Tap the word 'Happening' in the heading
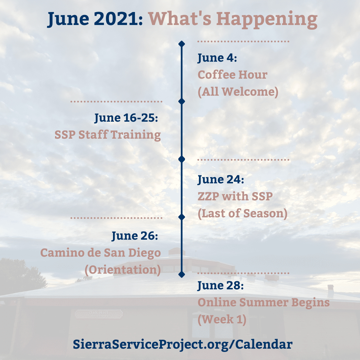point(266,19)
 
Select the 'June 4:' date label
point(217,58)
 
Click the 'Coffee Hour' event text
point(232,75)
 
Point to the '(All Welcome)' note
point(238,91)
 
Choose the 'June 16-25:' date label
point(126,118)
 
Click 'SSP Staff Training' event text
point(108,135)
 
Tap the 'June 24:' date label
point(221,180)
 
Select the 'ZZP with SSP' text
point(235,197)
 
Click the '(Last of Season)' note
point(242,213)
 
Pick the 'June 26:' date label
point(134,236)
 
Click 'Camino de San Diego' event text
point(100,253)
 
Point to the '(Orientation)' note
point(122,269)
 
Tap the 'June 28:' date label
point(221,286)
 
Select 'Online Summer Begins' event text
point(263,303)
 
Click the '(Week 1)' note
point(222,319)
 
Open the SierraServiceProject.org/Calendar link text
point(182,344)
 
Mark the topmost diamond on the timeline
point(182,44)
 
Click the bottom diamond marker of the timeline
point(182,274)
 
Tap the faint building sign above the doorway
point(99,314)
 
